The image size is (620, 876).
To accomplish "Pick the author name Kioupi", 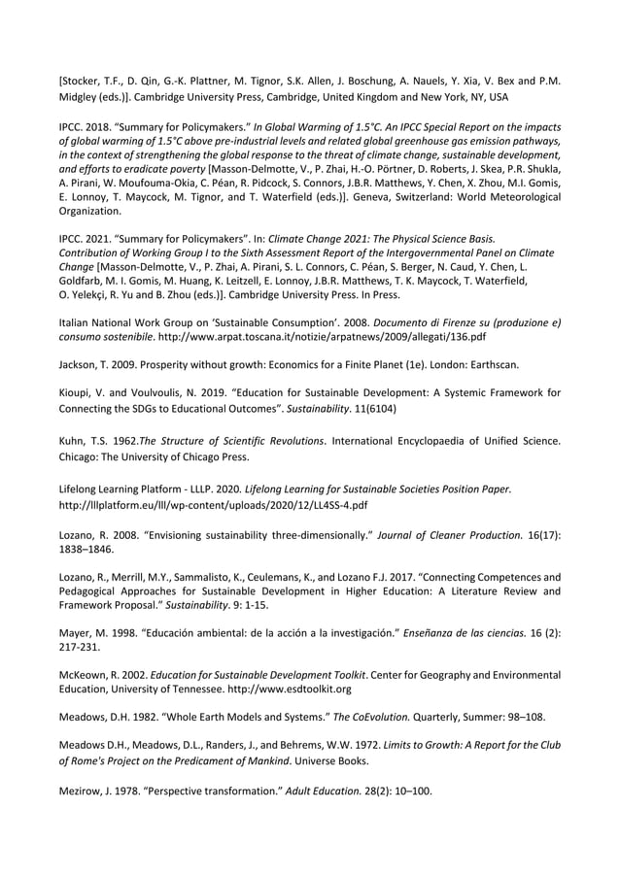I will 81,393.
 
